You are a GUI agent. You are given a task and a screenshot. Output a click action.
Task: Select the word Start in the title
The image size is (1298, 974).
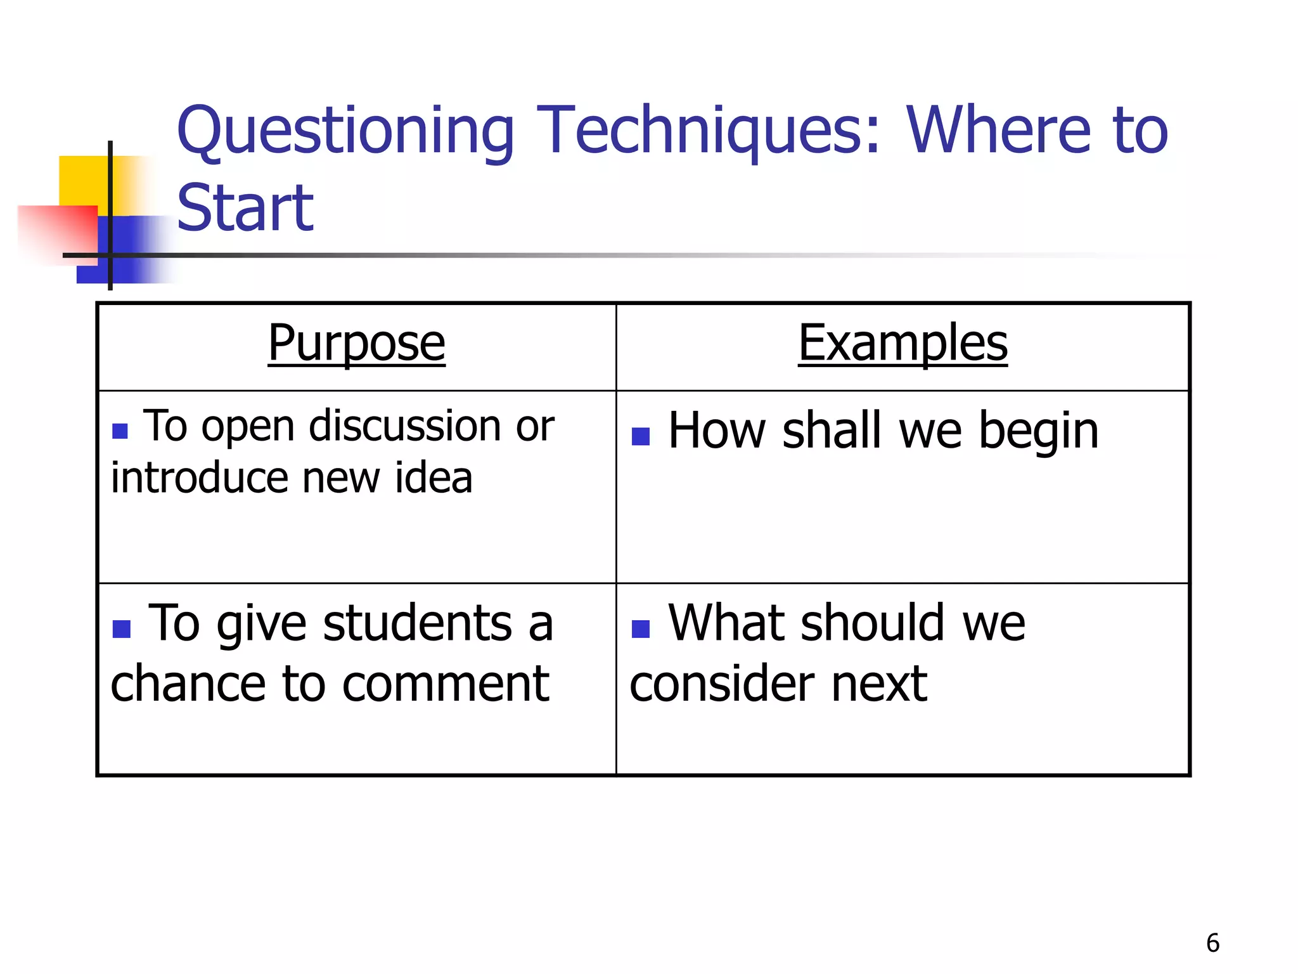[245, 207]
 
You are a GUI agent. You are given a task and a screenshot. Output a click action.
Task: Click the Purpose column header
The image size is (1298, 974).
[356, 343]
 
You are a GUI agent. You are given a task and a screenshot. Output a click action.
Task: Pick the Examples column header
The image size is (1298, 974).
[903, 343]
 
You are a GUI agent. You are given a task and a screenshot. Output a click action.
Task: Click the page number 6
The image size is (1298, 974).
[1212, 943]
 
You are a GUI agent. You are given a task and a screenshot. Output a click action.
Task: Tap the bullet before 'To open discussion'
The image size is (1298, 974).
[120, 431]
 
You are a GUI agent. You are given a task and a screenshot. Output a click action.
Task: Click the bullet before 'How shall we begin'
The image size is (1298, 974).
[641, 436]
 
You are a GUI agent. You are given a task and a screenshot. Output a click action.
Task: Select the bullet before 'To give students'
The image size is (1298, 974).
[121, 628]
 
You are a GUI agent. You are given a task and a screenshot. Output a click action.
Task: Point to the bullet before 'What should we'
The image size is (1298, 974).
[641, 628]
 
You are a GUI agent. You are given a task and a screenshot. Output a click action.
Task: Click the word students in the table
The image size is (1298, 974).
[418, 623]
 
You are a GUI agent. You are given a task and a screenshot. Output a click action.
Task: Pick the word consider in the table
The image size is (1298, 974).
[722, 684]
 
